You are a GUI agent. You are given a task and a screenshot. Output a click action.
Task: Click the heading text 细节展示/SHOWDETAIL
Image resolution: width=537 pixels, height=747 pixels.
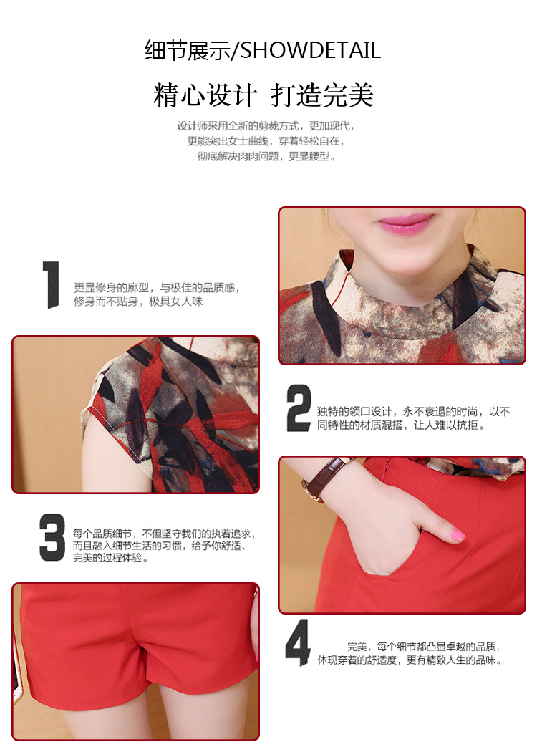[263, 51]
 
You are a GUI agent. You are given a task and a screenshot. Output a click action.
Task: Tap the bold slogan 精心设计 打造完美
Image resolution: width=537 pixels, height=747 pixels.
[263, 95]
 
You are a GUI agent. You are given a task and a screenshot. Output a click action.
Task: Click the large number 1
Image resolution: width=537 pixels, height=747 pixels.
[51, 284]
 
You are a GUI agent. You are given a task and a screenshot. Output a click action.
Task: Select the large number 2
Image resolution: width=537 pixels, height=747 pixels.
[299, 408]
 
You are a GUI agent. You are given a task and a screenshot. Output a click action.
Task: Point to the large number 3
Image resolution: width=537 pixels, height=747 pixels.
[52, 537]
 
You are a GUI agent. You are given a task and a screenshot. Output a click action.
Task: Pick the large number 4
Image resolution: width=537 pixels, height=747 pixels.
[298, 642]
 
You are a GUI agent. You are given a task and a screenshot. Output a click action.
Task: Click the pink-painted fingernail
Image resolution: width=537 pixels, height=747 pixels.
[458, 535]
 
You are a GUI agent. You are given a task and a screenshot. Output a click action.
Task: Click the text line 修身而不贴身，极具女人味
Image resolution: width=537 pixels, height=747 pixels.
[138, 301]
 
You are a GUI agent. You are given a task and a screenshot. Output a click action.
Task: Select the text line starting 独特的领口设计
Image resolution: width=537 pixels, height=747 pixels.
[414, 411]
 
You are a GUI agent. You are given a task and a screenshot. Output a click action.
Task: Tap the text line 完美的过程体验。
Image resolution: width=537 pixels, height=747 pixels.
[110, 557]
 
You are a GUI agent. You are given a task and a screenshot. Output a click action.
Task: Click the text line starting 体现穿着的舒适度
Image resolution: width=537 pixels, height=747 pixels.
[410, 660]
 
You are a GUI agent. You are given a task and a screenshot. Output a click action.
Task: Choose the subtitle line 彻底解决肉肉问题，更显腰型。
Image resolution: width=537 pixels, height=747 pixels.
[267, 156]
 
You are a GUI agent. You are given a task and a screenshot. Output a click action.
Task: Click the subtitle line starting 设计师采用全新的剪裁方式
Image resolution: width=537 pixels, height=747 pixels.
[266, 126]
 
